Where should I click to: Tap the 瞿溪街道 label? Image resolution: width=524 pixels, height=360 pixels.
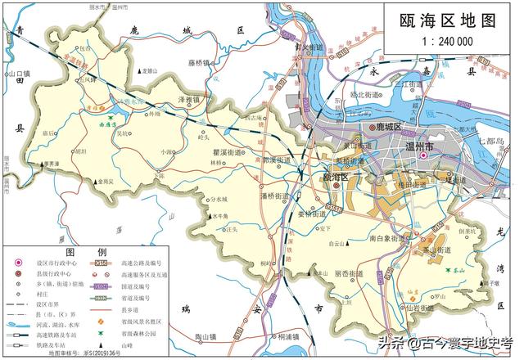pos(221,152)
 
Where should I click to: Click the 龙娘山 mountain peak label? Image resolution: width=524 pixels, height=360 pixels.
pos(148,70)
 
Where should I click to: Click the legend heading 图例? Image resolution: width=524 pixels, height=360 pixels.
pos(97,251)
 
